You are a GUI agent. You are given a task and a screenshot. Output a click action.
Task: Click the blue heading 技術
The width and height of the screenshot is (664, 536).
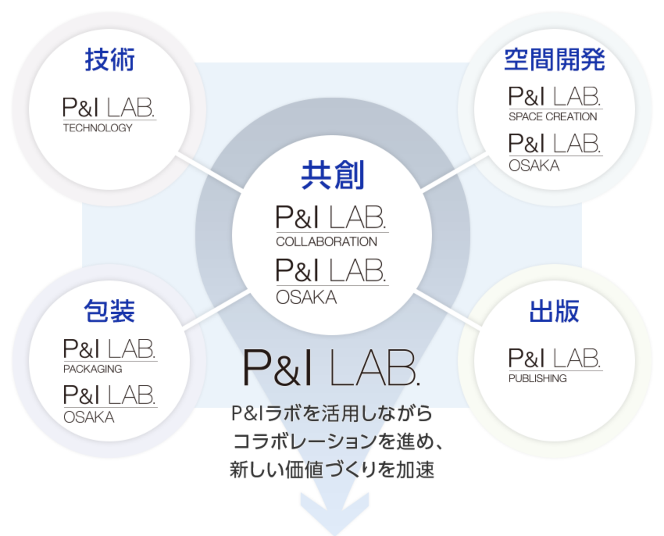110,60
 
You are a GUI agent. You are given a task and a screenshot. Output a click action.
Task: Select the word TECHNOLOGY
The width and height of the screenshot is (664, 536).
98,128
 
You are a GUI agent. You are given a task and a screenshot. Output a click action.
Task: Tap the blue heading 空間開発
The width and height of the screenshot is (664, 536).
554,60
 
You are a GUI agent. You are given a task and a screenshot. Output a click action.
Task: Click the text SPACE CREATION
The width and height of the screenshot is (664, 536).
553,116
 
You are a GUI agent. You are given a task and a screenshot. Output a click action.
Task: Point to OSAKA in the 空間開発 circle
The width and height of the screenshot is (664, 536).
534,166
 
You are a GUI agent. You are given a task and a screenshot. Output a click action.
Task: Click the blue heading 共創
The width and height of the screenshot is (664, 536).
332,175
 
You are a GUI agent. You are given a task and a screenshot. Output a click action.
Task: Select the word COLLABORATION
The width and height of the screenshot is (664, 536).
327,242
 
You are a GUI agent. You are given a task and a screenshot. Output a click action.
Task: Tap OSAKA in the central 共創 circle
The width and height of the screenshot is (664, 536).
306,298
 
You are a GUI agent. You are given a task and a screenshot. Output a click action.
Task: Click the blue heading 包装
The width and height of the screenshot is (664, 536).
110,311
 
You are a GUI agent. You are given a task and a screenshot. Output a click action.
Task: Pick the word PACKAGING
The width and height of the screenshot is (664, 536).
93,369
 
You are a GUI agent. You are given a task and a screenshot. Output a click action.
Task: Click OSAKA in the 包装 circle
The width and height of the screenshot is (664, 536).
89,417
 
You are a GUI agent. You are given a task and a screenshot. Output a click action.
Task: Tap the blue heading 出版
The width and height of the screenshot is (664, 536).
554,311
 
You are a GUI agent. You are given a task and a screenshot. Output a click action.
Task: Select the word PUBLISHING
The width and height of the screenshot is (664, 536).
537,378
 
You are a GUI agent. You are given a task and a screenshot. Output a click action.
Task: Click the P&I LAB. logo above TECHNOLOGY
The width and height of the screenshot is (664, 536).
109,107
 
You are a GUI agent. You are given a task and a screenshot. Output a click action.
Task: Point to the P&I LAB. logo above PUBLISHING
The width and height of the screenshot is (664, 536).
554,358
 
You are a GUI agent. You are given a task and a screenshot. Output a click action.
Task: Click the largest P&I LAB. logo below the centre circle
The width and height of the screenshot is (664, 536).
331,368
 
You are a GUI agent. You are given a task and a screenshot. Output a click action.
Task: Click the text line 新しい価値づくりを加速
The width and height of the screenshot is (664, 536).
332,470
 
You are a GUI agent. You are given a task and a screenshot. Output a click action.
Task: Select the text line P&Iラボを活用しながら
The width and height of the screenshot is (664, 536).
332,413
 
